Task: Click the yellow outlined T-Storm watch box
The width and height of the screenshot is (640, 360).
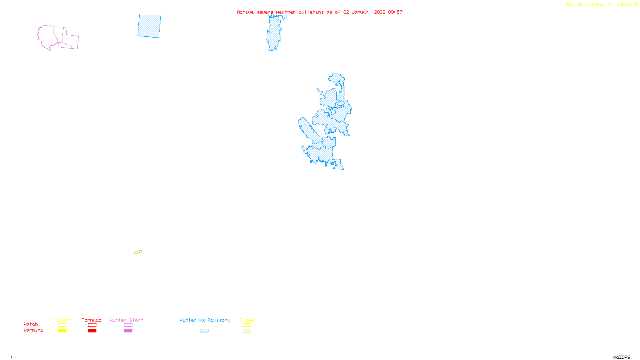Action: click(x=62, y=325)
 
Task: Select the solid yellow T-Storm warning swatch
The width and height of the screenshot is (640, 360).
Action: click(x=62, y=331)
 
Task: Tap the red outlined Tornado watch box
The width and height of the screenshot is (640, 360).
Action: click(x=92, y=325)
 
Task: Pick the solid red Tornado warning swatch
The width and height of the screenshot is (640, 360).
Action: click(x=92, y=331)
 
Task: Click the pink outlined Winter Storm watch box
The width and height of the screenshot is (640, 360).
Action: click(x=128, y=325)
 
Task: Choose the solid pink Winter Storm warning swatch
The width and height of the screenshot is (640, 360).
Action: click(x=128, y=331)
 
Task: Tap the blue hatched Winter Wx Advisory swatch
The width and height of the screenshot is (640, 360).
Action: click(x=204, y=331)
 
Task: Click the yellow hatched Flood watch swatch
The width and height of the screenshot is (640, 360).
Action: click(x=247, y=325)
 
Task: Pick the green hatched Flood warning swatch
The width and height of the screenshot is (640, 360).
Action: click(x=247, y=331)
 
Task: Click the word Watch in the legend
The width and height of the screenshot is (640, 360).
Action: click(x=31, y=324)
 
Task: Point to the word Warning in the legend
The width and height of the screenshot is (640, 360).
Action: click(x=33, y=330)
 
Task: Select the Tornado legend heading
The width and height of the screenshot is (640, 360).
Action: click(x=92, y=320)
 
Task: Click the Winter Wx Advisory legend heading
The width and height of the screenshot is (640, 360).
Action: click(x=205, y=320)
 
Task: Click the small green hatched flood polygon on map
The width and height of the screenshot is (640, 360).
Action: click(x=138, y=252)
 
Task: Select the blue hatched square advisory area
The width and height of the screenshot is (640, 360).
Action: click(x=149, y=26)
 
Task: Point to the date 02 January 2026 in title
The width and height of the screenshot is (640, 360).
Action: click(x=364, y=12)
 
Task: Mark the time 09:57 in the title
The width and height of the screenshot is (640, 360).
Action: click(x=395, y=12)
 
